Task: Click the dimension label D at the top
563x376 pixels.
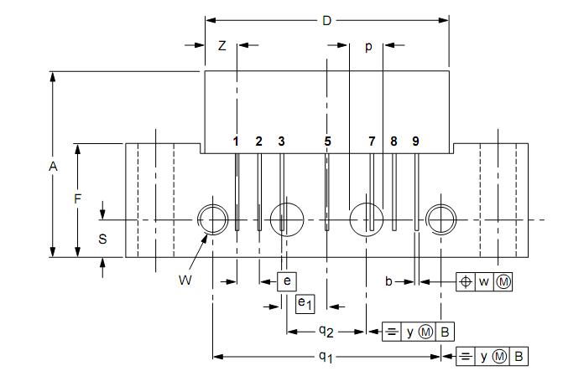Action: click(x=326, y=21)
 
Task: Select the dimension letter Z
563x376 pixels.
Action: click(x=222, y=46)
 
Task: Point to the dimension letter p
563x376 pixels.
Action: click(x=368, y=47)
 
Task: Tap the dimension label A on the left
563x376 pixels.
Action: click(x=53, y=167)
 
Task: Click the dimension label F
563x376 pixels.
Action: click(x=77, y=198)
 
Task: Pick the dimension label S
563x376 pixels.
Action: click(x=102, y=239)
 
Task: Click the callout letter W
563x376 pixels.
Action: click(x=185, y=281)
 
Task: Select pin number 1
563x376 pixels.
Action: click(x=236, y=142)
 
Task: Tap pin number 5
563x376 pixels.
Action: click(x=327, y=142)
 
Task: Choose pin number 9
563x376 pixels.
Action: click(x=415, y=142)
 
